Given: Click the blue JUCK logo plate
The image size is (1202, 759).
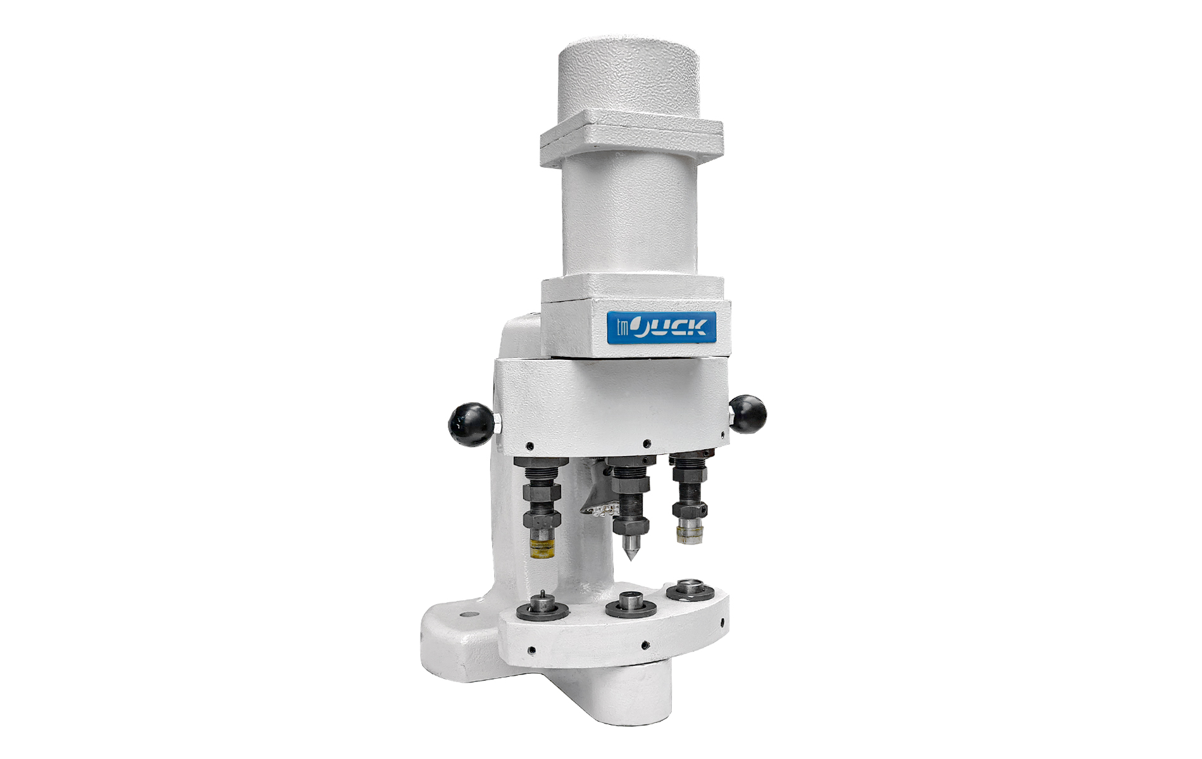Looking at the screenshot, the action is [662, 328].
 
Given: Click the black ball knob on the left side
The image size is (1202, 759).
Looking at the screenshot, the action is [471, 424].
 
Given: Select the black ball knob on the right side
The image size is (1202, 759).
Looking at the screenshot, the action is [747, 414].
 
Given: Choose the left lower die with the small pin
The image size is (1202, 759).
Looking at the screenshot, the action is [542, 608].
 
